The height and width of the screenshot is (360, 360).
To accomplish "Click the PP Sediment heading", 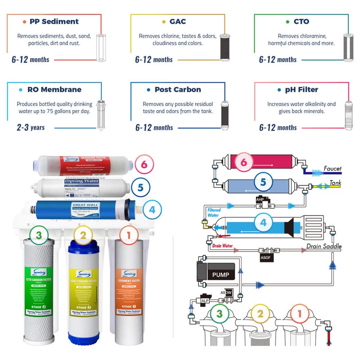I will pos(54,22).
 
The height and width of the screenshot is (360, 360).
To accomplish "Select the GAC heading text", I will pos(178,22).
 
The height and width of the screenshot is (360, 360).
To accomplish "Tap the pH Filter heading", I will pos(301,90).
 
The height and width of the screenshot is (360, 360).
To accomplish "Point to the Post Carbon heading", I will pos(178,90).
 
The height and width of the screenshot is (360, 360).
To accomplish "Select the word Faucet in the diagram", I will pos(333,169).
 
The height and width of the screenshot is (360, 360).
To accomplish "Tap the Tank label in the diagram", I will pos(335,183).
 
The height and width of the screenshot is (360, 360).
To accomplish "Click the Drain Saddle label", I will pos(324,246).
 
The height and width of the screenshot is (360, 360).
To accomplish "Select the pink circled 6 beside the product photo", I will pos(144,165).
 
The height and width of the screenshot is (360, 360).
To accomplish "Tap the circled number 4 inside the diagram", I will pos(263,222).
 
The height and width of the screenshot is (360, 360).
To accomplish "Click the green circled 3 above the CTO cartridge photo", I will pos(39,234).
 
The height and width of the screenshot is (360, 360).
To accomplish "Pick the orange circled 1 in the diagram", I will pos(297,314).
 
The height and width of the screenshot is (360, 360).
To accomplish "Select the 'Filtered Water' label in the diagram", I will pos(213,212).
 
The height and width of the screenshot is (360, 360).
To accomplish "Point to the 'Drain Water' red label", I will pos(223,246).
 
